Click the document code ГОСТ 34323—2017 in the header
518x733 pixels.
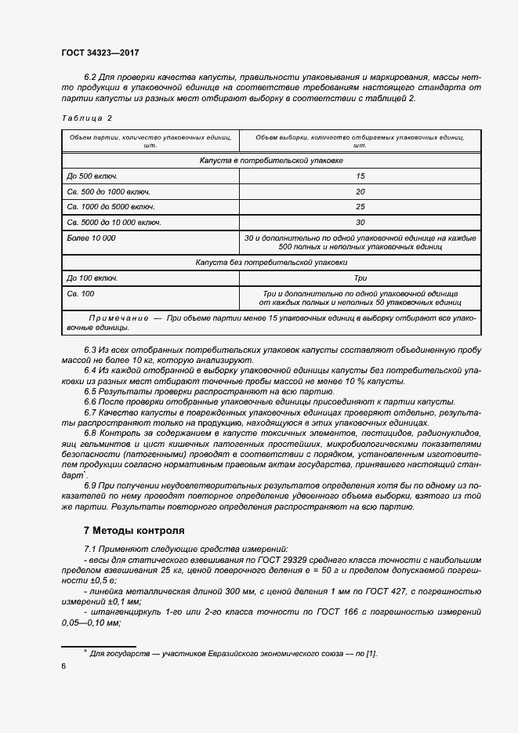point(100,53)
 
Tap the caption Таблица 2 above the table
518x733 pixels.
point(86,118)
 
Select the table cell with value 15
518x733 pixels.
point(360,176)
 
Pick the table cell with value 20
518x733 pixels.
point(360,191)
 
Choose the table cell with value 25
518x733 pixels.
point(360,207)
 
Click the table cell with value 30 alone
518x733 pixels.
point(360,223)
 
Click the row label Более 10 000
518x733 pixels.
point(91,238)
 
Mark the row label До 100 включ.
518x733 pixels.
point(92,278)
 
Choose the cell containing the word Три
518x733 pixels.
point(360,278)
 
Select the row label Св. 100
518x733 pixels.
point(81,293)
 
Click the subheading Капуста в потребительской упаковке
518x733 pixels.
point(270,161)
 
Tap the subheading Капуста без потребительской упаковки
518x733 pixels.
point(270,263)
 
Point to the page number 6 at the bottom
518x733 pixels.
point(63,666)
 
